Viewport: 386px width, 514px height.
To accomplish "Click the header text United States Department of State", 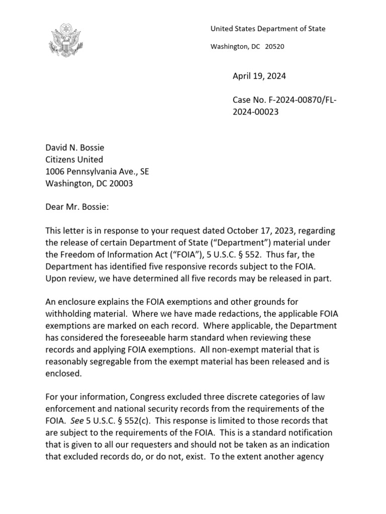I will coord(267,29).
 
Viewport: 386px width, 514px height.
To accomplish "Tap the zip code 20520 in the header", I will coord(274,47).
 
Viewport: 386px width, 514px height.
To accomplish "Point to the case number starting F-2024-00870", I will coord(284,100).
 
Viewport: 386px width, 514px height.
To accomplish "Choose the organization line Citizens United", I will coord(74,160).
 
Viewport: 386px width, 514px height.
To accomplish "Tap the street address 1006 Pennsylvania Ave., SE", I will coord(97,172).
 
